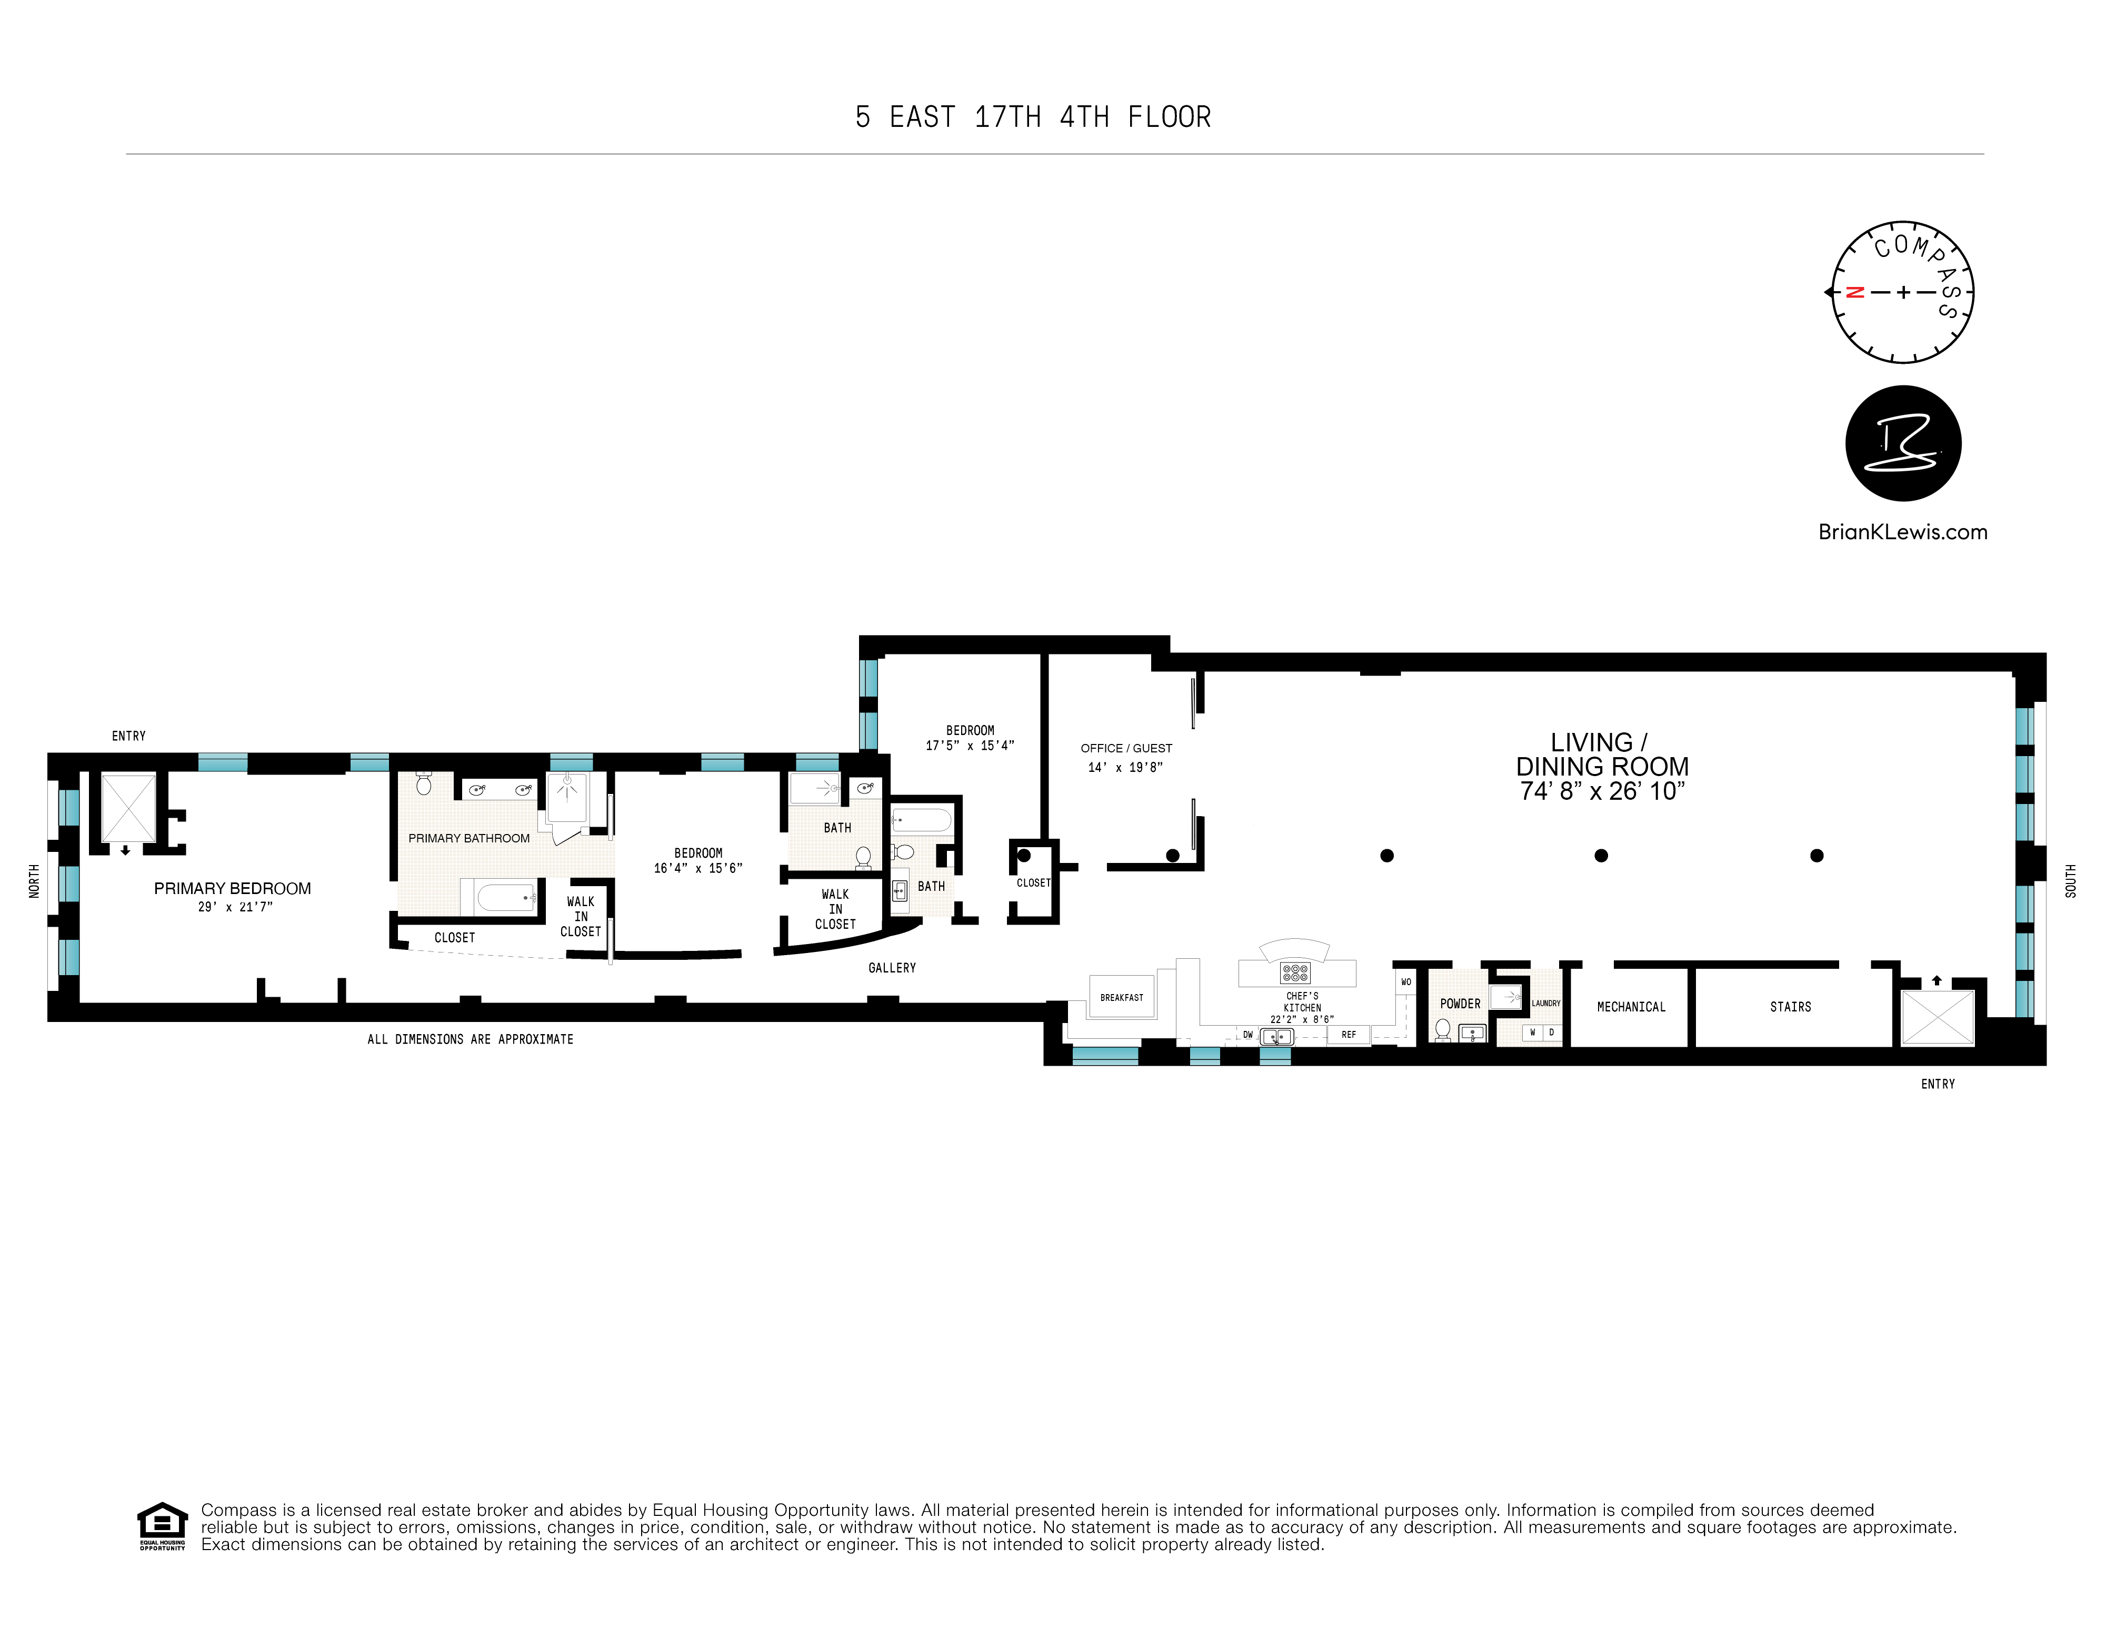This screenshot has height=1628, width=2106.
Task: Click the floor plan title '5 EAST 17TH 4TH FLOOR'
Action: click(1033, 117)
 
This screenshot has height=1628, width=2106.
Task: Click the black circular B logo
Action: click(1902, 444)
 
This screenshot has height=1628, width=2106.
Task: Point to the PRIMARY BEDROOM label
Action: click(233, 888)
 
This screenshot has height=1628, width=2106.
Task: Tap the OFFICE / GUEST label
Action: click(1126, 748)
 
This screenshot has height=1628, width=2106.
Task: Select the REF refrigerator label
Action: click(1348, 1035)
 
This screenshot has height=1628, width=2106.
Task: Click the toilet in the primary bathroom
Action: click(423, 784)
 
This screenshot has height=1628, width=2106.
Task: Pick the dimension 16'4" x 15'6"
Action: click(698, 869)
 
